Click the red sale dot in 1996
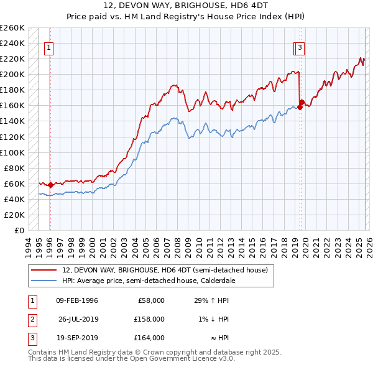coord(50,185)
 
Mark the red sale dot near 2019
coord(300,107)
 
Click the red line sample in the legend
coord(44,270)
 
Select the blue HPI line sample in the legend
coord(44,281)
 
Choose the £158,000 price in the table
coord(149,319)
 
